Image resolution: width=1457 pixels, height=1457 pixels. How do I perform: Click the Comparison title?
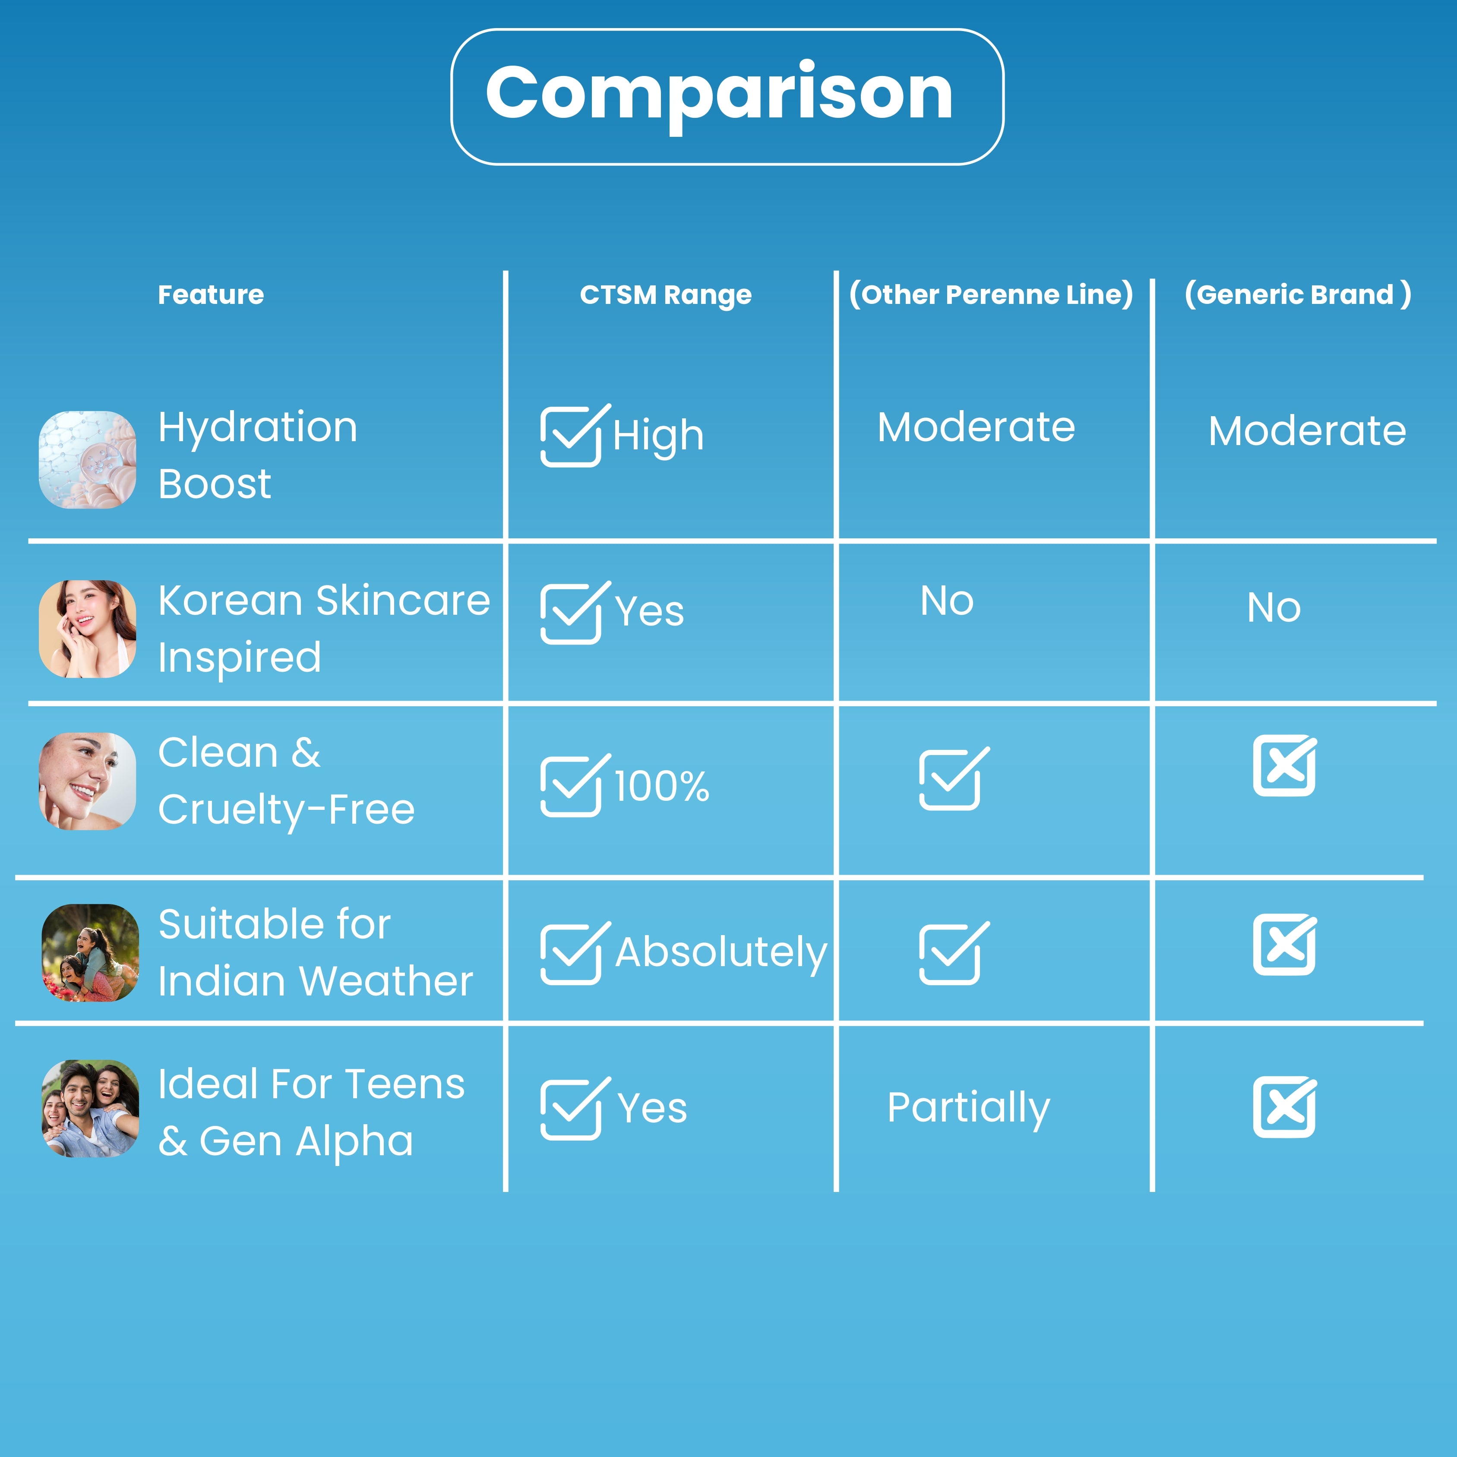click(720, 94)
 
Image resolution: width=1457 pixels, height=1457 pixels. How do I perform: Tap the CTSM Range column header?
click(665, 295)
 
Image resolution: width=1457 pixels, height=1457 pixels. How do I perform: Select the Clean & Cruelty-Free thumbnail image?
click(88, 781)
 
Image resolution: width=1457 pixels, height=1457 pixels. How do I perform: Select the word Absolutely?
click(721, 952)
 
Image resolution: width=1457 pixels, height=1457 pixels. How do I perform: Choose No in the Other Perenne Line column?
click(946, 601)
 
